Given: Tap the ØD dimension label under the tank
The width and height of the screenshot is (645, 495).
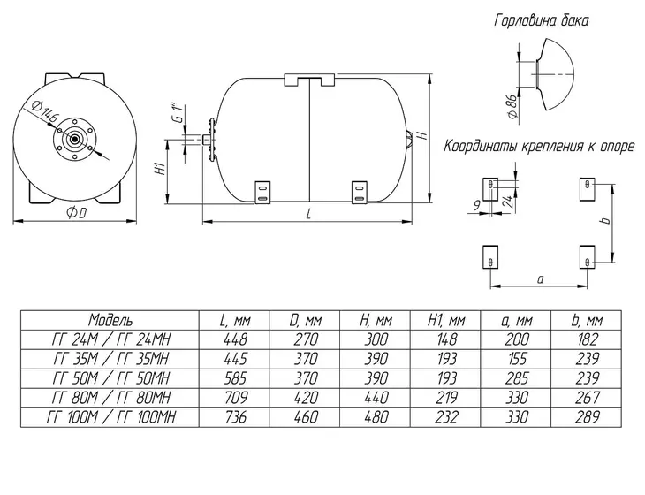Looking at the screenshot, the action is [x=77, y=213].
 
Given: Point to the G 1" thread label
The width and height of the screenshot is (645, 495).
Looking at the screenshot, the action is [x=178, y=113].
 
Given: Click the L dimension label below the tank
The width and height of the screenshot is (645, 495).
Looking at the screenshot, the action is [x=308, y=214].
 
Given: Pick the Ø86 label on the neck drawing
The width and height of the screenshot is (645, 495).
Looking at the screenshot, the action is [x=512, y=107].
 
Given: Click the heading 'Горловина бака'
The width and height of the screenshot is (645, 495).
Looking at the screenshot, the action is [x=542, y=20].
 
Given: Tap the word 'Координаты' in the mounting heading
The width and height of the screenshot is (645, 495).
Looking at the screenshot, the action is [x=482, y=147].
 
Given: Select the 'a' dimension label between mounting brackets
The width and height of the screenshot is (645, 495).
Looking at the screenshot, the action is [x=541, y=279].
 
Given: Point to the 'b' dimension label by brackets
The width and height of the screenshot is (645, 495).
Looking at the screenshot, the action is [x=605, y=221].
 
